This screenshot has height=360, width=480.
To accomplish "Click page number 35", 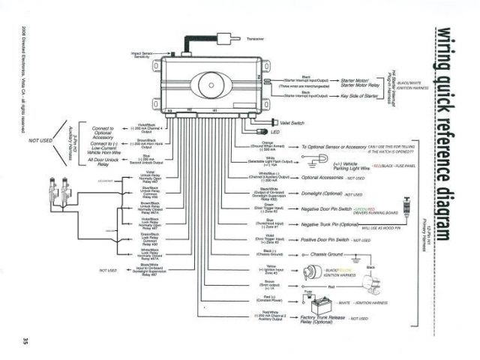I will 18,322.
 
